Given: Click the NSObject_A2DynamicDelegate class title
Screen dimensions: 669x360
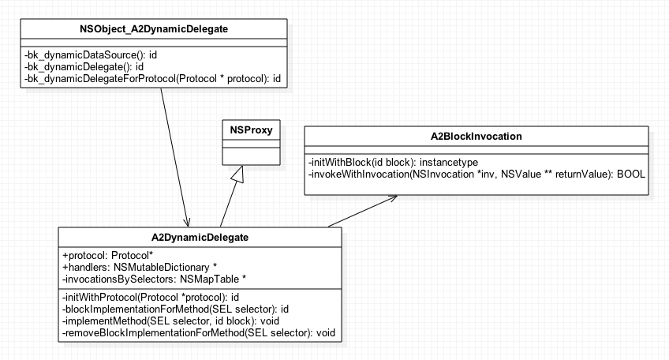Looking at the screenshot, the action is [154, 29].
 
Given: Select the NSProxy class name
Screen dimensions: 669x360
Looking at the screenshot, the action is [251, 129].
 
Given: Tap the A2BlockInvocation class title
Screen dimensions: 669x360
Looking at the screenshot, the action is [477, 137].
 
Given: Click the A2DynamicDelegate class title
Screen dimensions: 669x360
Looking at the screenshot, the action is [200, 238].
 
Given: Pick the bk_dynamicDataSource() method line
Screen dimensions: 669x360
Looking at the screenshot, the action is [91, 55].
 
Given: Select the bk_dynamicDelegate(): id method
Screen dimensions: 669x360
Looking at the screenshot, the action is [84, 66].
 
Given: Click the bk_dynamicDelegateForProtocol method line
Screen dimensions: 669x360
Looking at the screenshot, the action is [152, 79].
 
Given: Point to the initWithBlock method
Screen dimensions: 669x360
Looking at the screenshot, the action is [393, 163].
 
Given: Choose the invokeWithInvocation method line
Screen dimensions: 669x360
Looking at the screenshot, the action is [477, 174].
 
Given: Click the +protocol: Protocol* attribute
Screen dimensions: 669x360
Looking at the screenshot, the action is [107, 255].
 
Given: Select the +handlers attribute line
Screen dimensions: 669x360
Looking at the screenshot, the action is [140, 268].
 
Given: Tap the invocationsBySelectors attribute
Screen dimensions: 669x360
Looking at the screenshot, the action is [154, 279].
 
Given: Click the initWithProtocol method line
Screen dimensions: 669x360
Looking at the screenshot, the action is [151, 297].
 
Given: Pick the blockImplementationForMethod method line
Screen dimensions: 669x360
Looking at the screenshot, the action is [175, 309].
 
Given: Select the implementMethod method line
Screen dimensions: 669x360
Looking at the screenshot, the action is [170, 321].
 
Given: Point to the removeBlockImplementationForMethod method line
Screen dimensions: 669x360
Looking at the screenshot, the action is [198, 333].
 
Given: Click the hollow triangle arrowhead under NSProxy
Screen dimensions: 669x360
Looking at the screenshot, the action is [238, 174].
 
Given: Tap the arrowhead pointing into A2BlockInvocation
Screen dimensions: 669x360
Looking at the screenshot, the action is [391, 197].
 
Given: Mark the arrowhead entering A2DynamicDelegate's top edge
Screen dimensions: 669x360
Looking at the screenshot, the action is [187, 223].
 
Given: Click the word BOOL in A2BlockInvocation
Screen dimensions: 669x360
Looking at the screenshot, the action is [631, 174].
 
